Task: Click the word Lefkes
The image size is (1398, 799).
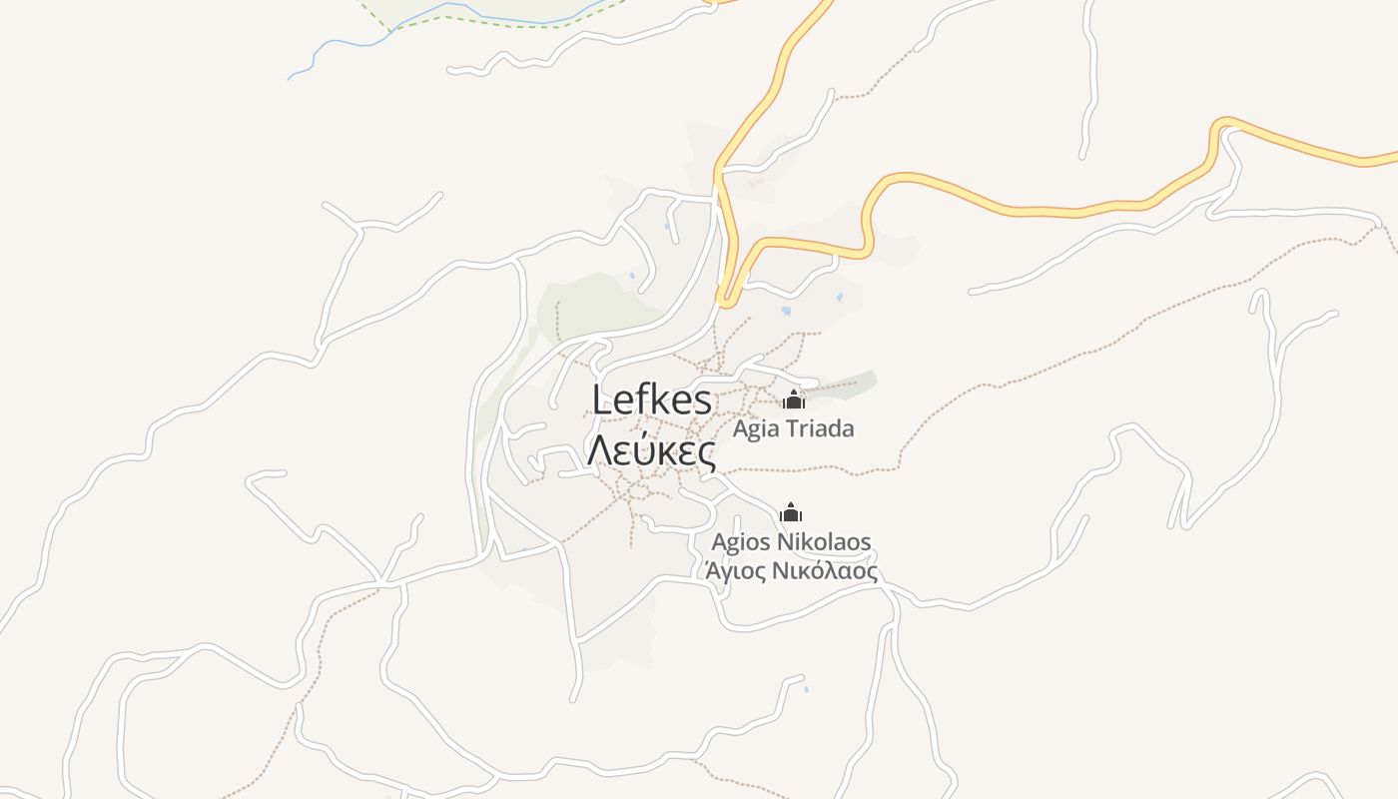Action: tap(652, 400)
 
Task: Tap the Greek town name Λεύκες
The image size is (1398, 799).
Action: tap(651, 451)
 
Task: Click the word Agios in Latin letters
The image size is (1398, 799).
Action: tap(741, 542)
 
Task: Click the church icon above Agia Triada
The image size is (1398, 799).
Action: tap(794, 400)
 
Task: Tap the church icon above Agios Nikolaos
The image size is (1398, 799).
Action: tap(791, 513)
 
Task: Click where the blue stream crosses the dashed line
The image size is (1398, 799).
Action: tap(392, 29)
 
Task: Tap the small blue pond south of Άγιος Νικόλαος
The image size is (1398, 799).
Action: tap(806, 689)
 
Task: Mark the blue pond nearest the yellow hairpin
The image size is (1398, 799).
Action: tap(786, 311)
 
